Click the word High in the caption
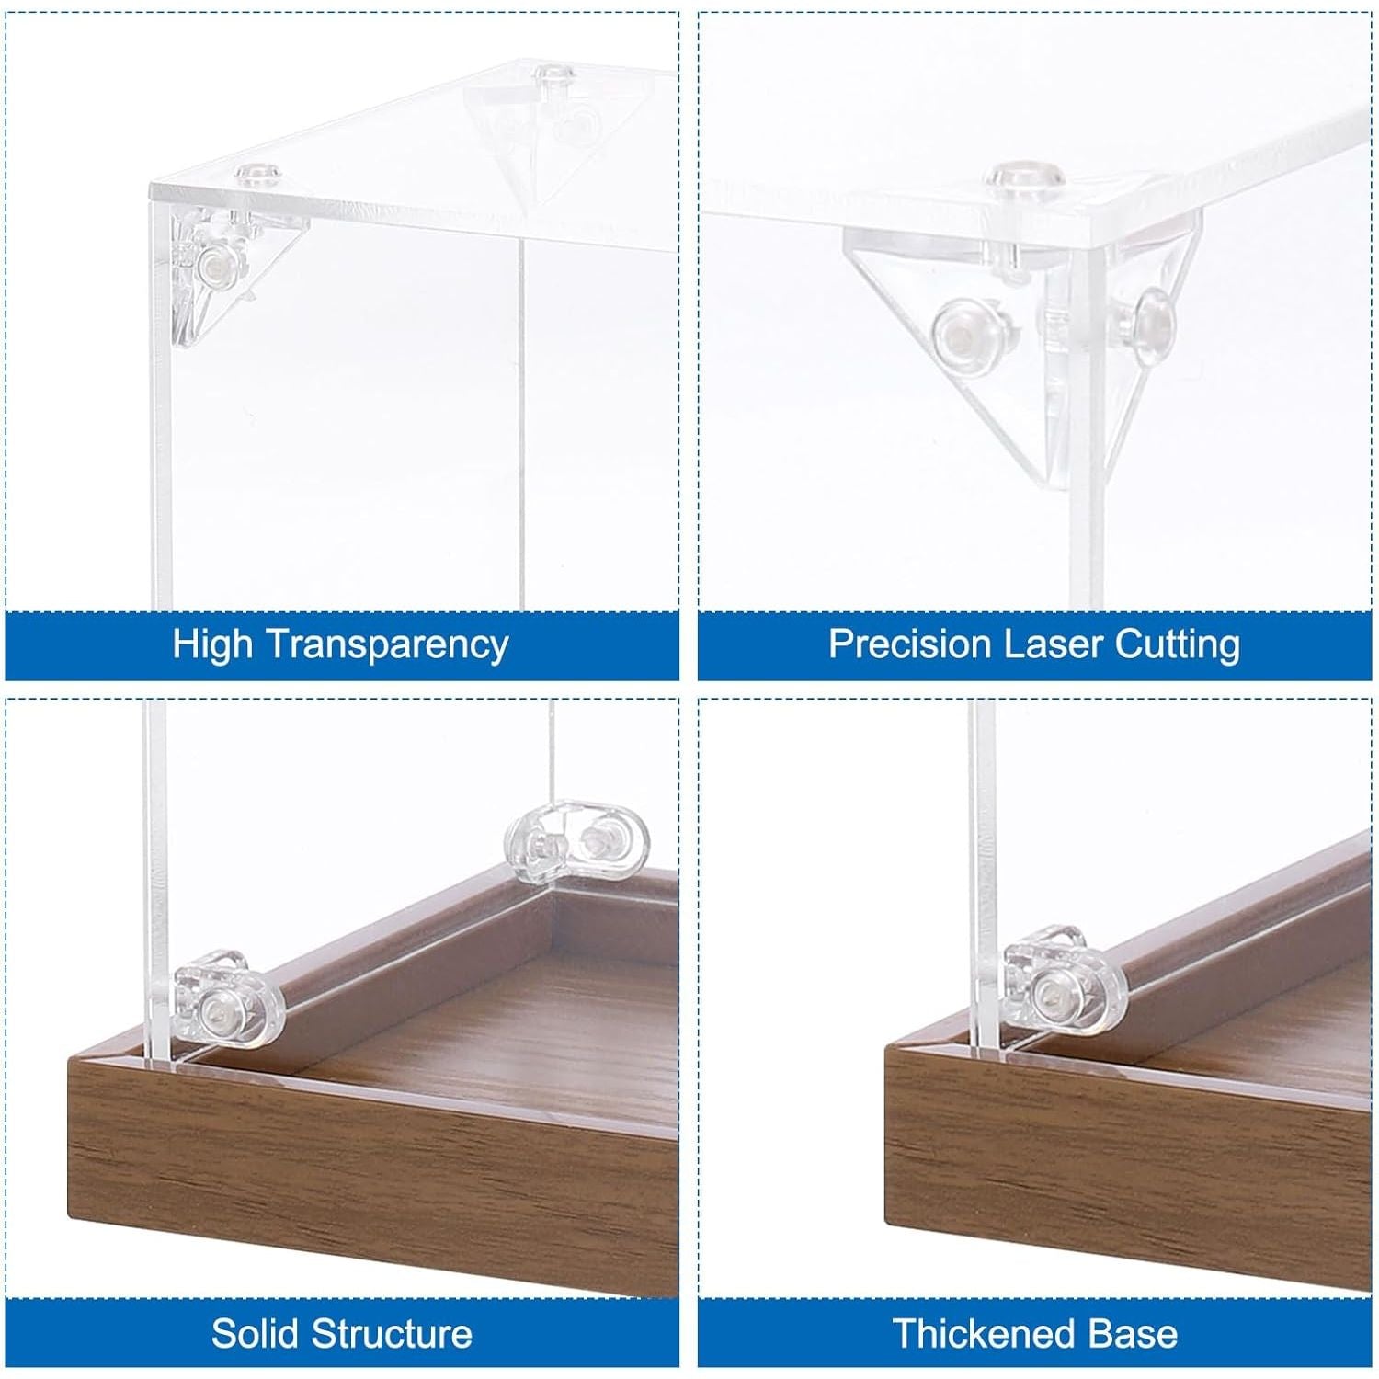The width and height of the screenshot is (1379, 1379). click(212, 644)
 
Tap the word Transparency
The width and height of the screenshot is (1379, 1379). click(388, 645)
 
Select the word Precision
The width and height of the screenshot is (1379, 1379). click(910, 644)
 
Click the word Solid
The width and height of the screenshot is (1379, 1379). click(256, 1333)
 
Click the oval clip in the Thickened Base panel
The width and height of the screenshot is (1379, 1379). click(1062, 986)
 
